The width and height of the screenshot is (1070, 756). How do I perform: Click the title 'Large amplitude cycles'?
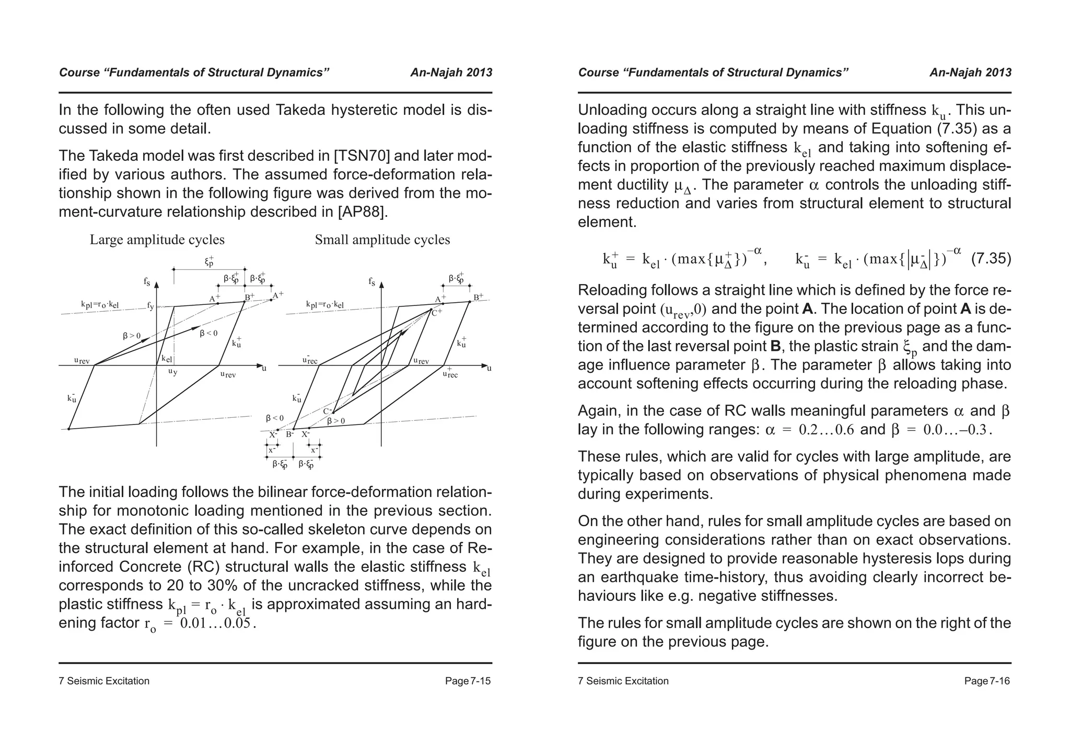click(157, 240)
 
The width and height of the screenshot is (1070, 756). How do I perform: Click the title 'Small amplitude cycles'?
click(382, 240)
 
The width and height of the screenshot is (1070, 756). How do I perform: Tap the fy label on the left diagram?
click(150, 306)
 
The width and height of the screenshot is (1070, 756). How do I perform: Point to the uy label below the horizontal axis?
click(172, 372)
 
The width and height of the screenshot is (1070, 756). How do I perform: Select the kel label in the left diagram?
click(167, 359)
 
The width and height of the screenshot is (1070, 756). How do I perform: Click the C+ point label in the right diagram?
click(437, 312)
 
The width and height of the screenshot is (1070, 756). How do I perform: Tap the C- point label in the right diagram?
click(327, 411)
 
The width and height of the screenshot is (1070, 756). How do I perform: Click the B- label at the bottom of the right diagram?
click(290, 434)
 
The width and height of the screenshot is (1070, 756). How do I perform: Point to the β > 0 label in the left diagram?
click(132, 336)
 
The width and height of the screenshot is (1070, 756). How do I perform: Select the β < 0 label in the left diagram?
click(208, 333)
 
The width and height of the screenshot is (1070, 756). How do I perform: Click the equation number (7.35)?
click(991, 259)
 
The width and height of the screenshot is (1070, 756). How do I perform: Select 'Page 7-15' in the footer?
click(468, 681)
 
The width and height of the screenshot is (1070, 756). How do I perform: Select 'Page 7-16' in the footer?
click(987, 681)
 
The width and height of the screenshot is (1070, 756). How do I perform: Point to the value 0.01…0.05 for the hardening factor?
click(216, 623)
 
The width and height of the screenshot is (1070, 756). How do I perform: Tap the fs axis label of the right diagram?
click(371, 282)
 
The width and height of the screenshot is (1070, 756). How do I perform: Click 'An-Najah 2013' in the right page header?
click(970, 73)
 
